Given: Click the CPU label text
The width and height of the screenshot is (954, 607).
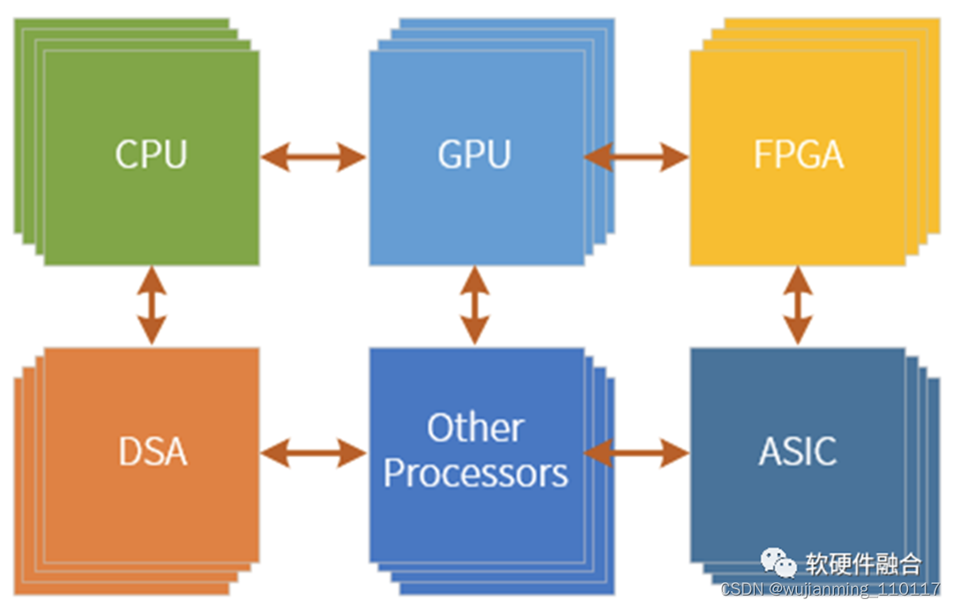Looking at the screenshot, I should coord(151,154).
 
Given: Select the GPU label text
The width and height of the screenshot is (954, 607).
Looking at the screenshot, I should coord(474,154).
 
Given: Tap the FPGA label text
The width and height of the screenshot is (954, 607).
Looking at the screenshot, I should coord(798,155).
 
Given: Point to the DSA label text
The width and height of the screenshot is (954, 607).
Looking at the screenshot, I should coord(153,452).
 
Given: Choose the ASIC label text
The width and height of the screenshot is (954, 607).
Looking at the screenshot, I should coord(797,452).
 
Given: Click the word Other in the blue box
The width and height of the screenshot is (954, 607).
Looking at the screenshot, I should coord(475,428).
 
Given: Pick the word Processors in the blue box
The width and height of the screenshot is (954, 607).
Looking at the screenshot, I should coord(475,473).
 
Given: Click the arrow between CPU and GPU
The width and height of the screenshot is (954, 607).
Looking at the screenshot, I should coord(313,158).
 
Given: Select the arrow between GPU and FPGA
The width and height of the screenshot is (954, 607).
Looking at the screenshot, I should coord(636,158).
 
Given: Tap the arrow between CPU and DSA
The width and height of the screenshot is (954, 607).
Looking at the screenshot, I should coord(152,306).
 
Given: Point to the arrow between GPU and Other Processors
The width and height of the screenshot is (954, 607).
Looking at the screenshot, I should coord(475,306).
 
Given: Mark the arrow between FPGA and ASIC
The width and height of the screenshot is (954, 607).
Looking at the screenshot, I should coord(798,306).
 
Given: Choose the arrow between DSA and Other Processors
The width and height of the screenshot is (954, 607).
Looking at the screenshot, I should coord(313,454).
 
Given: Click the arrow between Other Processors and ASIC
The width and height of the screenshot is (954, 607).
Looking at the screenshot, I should coord(636,454).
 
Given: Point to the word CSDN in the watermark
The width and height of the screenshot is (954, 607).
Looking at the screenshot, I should coord(740,589).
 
